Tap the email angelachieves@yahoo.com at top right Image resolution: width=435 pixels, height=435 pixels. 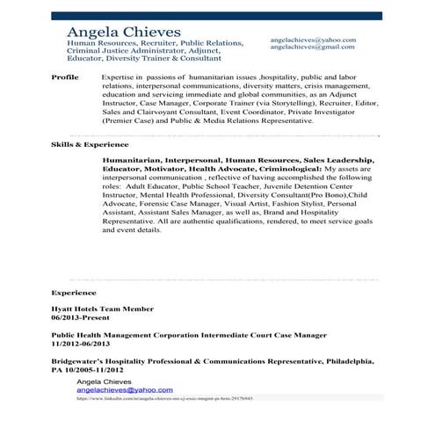(313, 40)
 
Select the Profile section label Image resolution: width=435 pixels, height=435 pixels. (65, 77)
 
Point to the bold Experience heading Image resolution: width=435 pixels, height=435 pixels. (74, 291)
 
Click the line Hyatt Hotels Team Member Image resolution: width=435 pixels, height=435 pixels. (102, 308)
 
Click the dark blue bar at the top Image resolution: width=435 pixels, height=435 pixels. (217, 16)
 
